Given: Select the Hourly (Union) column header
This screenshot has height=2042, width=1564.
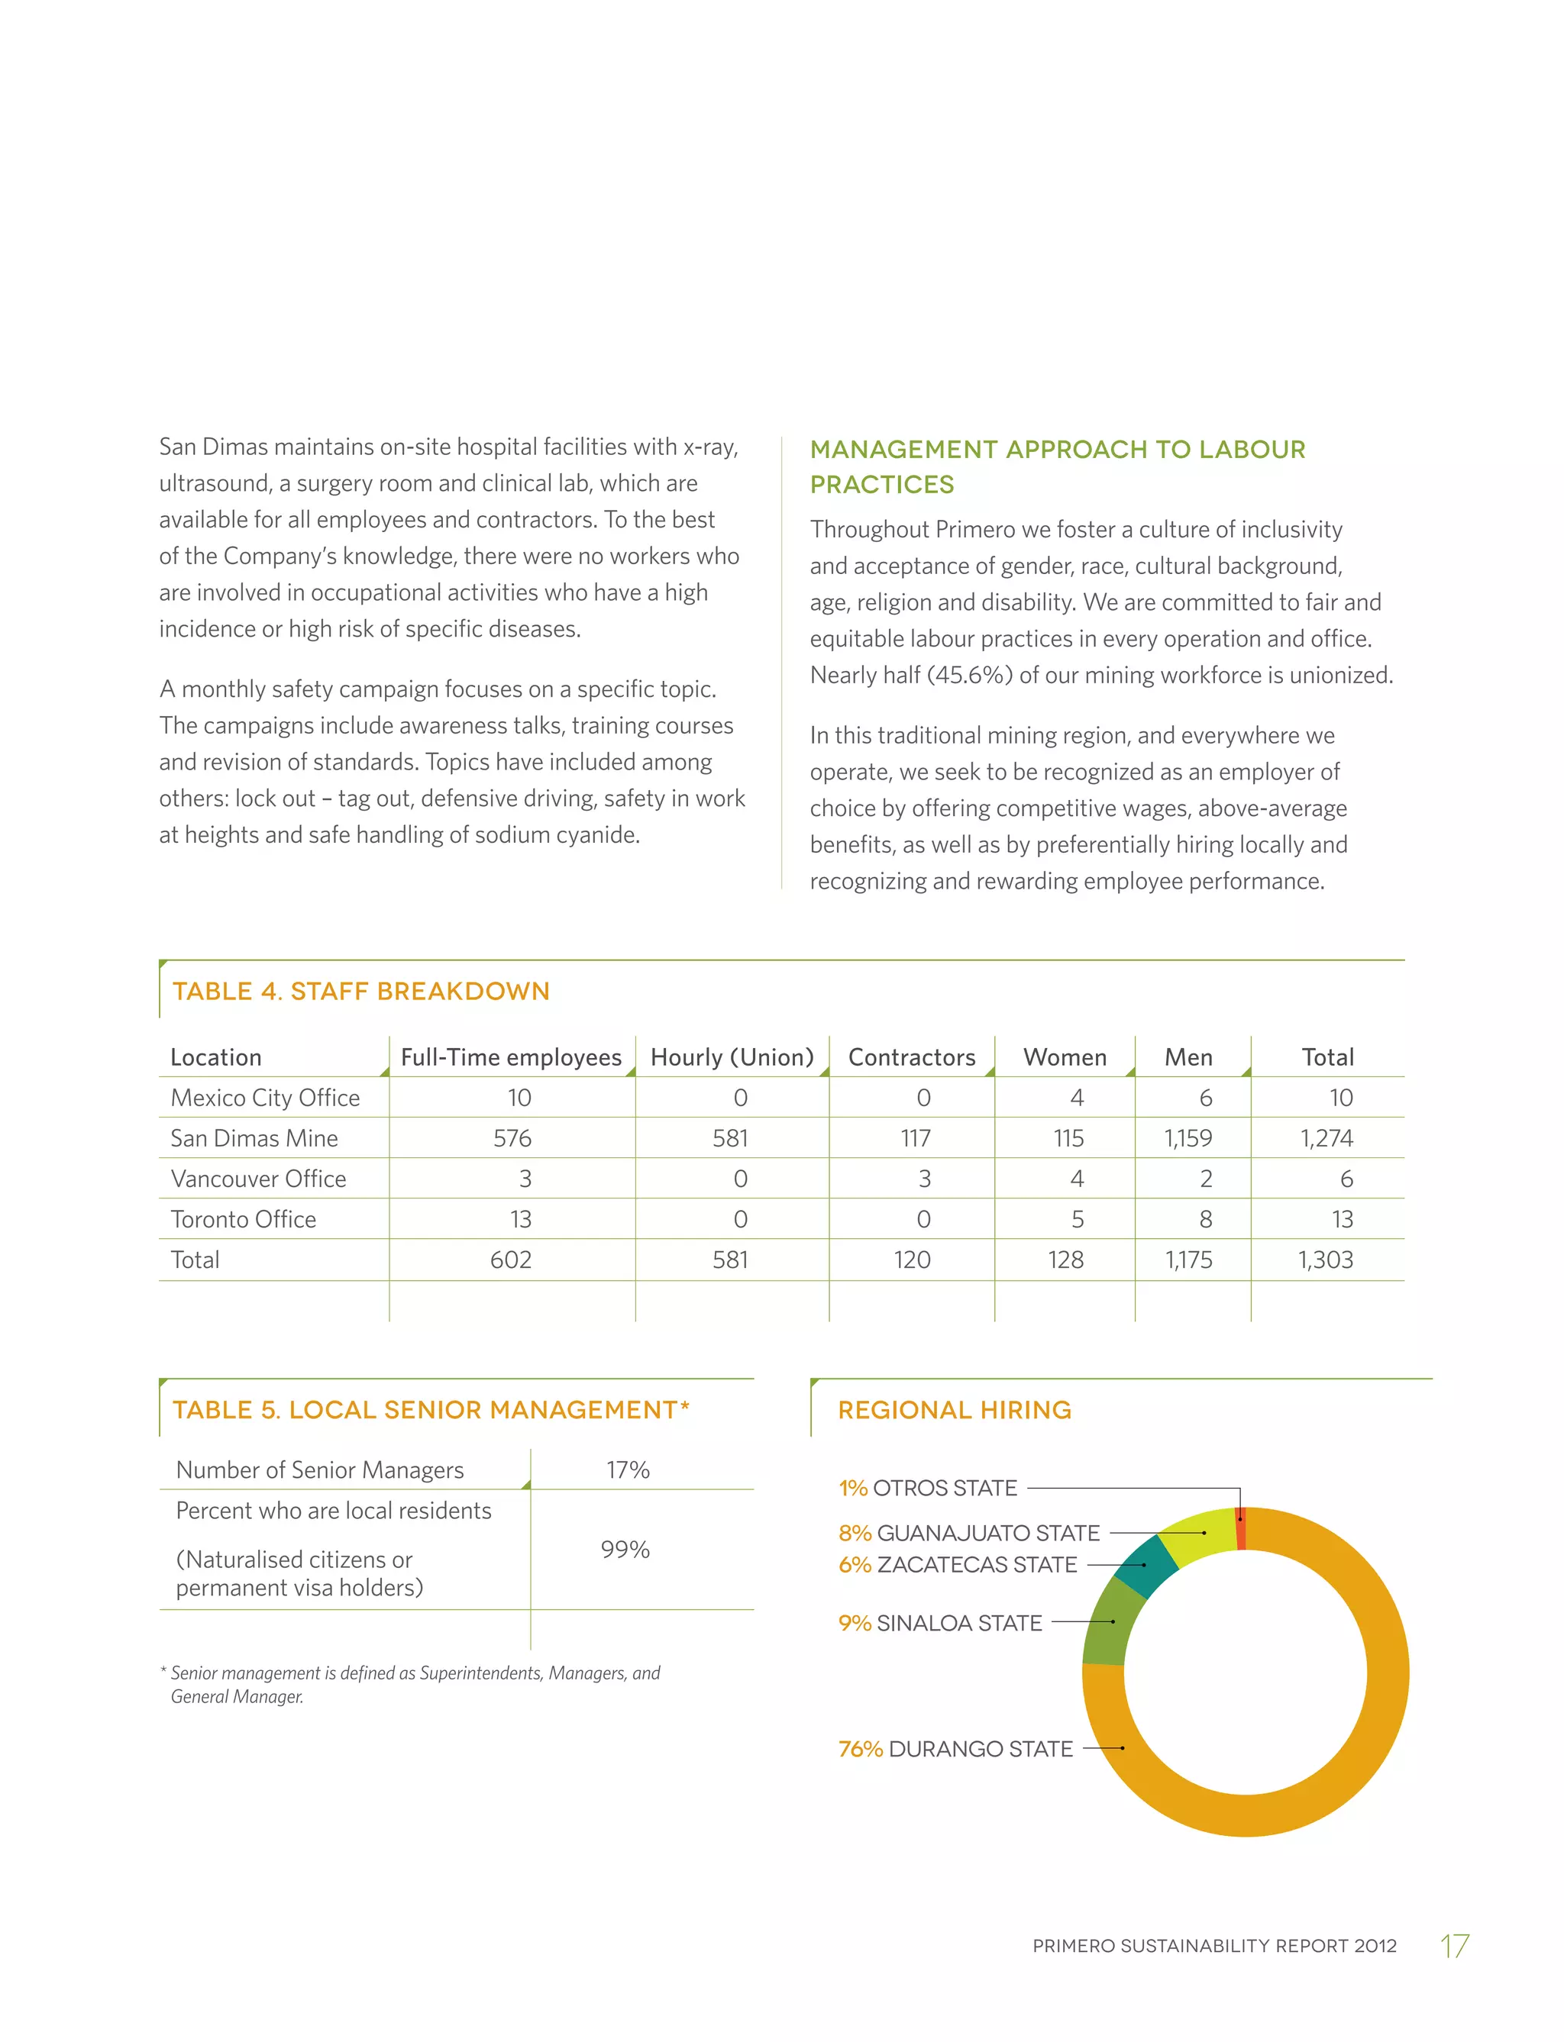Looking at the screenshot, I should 732,1057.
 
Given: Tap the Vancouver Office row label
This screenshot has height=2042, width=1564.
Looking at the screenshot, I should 258,1179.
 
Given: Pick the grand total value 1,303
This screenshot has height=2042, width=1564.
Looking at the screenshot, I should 1326,1260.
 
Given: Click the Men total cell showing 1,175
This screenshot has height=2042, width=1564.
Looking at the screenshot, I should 1189,1260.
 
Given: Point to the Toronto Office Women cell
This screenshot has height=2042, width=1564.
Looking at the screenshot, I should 1077,1219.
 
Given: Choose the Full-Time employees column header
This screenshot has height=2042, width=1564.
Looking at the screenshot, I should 510,1057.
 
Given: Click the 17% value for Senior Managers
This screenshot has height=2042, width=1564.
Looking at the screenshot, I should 628,1469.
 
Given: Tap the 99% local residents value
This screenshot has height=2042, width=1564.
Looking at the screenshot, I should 625,1550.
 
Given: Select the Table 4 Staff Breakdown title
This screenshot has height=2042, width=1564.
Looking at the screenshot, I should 360,991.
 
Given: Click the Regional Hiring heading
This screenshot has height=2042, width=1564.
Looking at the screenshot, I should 955,1410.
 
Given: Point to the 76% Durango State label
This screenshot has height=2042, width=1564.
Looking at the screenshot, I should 955,1749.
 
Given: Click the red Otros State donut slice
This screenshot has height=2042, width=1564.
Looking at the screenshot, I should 1241,1528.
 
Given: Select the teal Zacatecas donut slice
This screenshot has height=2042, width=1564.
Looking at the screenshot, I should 1147,1566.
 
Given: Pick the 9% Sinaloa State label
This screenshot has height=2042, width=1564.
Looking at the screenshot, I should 939,1623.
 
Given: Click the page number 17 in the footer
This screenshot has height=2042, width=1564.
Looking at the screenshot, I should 1454,1946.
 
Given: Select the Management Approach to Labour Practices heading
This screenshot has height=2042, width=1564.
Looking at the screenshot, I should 1057,466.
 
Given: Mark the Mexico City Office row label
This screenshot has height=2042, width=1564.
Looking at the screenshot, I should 264,1098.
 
